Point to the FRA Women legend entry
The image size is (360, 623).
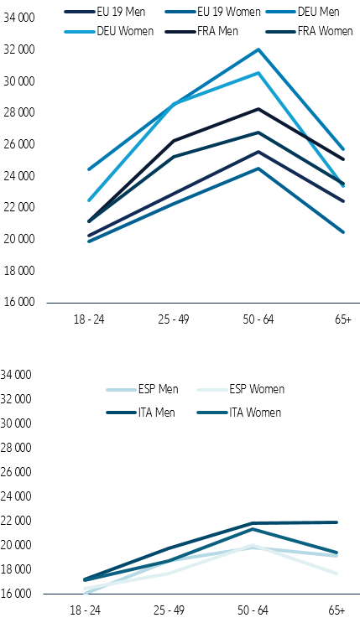(297, 31)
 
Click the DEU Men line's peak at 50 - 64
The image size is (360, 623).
(258, 49)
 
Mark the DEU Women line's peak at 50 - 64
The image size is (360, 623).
(258, 73)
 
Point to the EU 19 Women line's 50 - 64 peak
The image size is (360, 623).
(258, 169)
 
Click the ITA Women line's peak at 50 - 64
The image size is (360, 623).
(258, 529)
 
